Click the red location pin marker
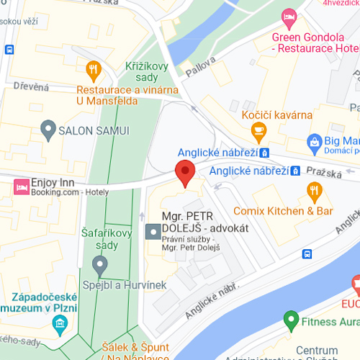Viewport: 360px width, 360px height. (186, 174)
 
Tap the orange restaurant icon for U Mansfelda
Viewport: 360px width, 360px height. (93, 70)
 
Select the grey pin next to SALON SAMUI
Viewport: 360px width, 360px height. (48, 130)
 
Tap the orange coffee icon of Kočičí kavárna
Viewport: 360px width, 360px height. (257, 130)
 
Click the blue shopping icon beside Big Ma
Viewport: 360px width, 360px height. (314, 140)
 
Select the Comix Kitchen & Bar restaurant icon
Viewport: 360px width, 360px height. (314, 191)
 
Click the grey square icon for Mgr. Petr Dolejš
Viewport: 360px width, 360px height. (153, 232)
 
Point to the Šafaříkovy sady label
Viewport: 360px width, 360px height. (101, 237)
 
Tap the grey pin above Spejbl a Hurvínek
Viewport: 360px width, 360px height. (101, 266)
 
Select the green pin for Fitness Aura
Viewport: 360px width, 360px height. (292, 318)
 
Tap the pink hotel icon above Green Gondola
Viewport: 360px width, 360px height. (289, 16)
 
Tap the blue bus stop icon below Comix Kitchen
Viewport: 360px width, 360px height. (307, 253)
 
